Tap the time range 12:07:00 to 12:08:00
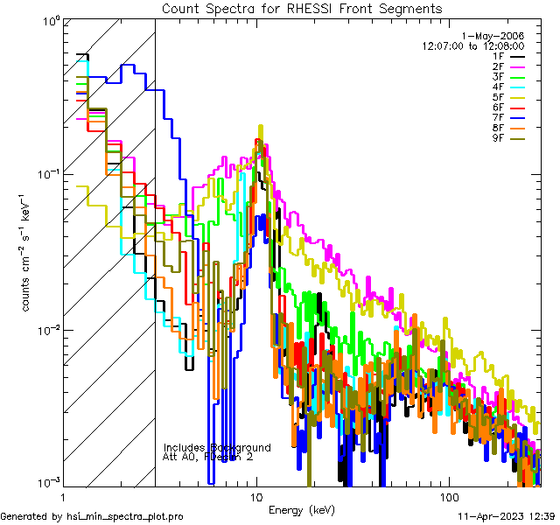coord(473,45)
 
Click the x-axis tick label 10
coord(256,497)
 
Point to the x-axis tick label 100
coord(448,497)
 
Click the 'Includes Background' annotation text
coord(217,447)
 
